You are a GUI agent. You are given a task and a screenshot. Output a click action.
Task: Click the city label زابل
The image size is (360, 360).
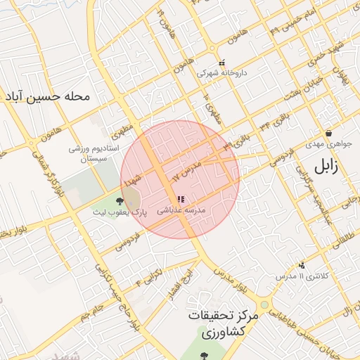pyautogui.click(x=326, y=166)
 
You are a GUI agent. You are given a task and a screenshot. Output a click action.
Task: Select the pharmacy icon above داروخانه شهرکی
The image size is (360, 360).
pyautogui.click(x=222, y=63)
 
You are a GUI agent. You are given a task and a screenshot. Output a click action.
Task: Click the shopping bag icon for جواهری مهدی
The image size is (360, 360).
pyautogui.click(x=328, y=133)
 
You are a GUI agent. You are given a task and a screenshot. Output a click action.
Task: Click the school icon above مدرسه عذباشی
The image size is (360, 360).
pyautogui.click(x=180, y=200)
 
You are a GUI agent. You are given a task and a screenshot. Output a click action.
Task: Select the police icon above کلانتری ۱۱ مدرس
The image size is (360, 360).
pyautogui.click(x=302, y=266)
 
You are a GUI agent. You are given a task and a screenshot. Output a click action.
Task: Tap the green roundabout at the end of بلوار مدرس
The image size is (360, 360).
pyautogui.click(x=264, y=305)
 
